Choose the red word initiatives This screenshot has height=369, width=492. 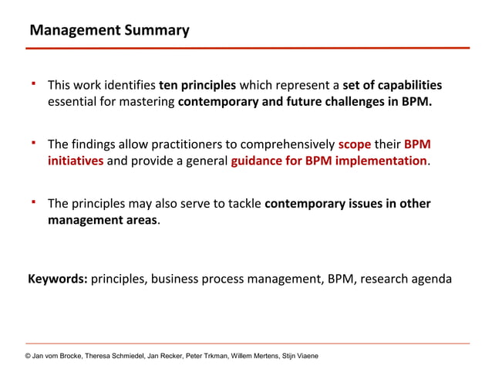(x=76, y=161)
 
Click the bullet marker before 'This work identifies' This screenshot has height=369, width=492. (x=34, y=82)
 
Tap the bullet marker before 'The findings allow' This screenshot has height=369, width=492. (x=34, y=142)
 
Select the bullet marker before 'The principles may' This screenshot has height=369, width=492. (x=34, y=201)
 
